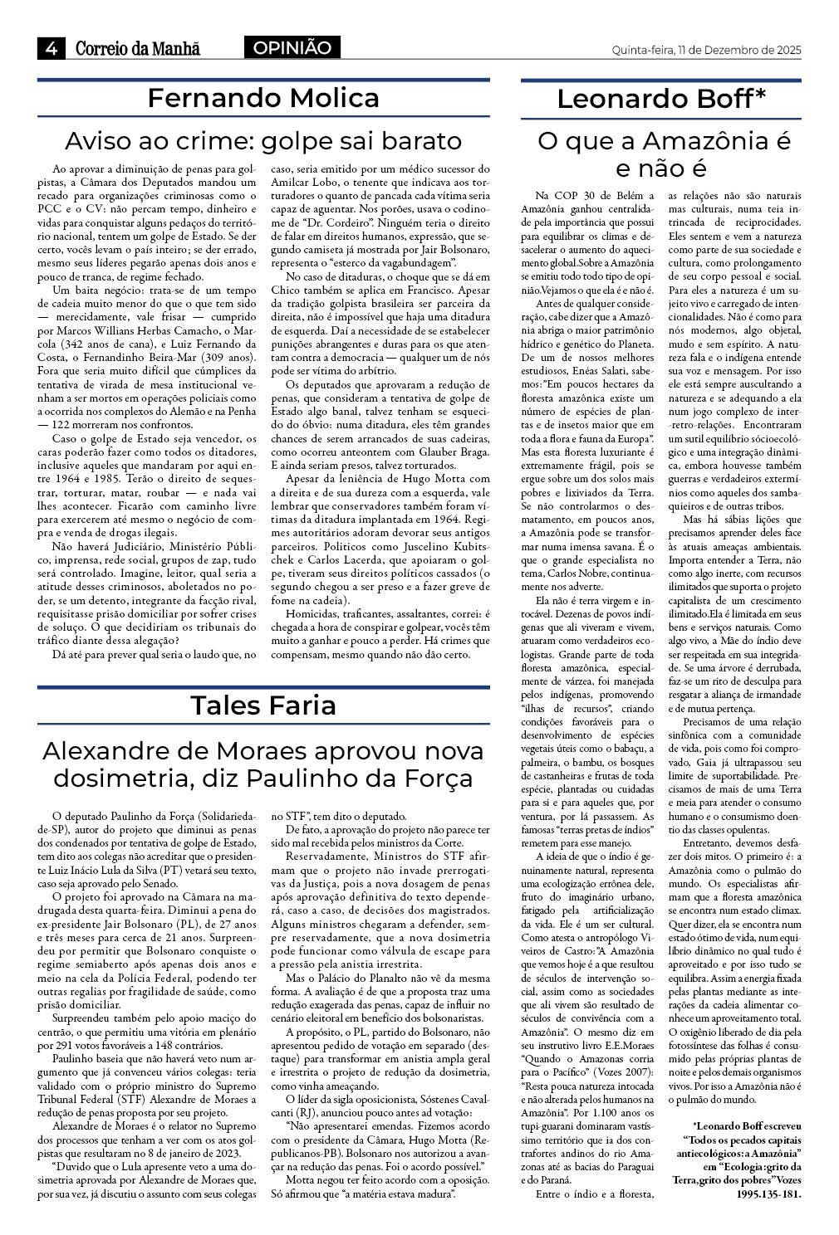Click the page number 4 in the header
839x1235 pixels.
click(x=51, y=49)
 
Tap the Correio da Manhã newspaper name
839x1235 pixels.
click(x=138, y=49)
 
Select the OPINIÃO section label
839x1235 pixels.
click(x=292, y=48)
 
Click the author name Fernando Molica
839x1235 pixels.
click(x=263, y=98)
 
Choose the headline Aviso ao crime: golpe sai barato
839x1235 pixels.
click(x=263, y=139)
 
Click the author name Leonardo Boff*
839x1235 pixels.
click(x=661, y=99)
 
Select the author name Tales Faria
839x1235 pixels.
click(x=263, y=705)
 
